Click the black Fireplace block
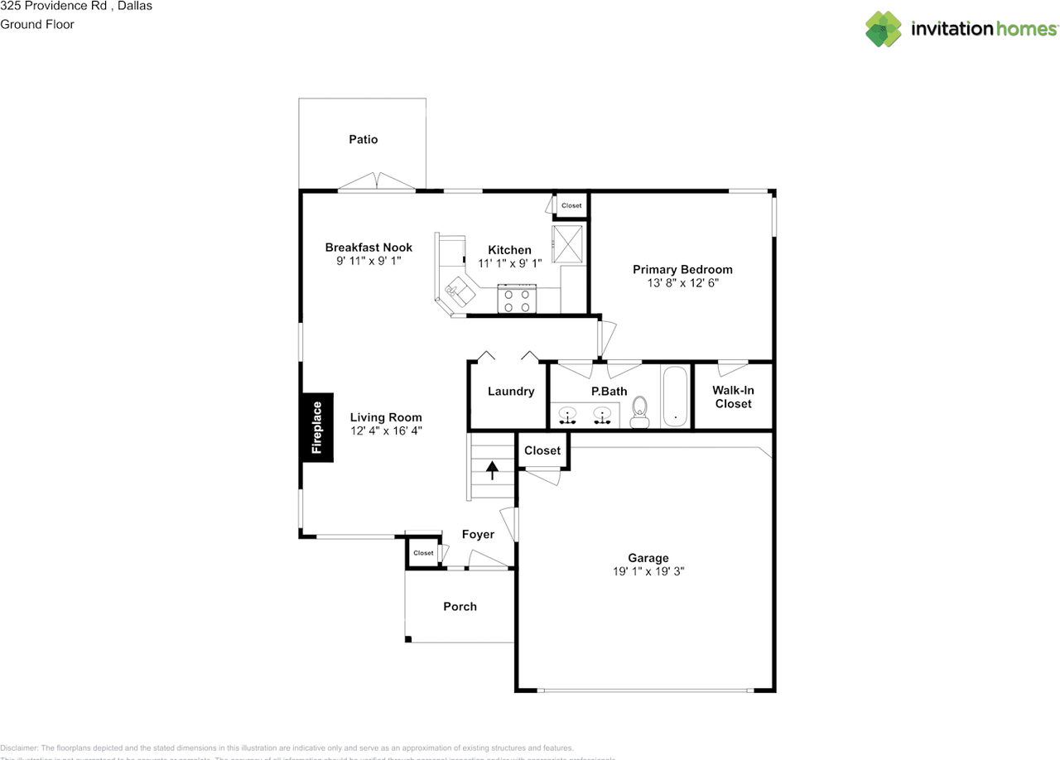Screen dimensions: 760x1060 point(317,427)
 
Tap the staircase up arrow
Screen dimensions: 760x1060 point(493,471)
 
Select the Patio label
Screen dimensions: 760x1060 point(363,139)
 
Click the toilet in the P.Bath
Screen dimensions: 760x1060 point(639,411)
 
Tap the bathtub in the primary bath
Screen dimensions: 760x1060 point(675,397)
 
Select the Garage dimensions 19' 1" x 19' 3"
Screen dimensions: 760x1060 point(648,571)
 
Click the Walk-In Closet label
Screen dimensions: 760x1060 point(733,397)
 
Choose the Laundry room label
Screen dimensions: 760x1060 point(511,391)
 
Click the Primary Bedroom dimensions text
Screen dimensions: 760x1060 point(682,282)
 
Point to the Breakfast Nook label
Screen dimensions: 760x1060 point(369,248)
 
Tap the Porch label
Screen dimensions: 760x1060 point(460,606)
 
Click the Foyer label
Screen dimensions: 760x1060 point(478,534)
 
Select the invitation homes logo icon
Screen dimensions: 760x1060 point(884,29)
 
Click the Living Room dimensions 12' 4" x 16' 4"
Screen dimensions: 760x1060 point(386,431)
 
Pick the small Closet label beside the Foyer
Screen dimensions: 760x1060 point(423,553)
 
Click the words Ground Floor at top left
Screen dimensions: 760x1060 point(37,24)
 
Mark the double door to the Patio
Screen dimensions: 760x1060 point(377,182)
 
